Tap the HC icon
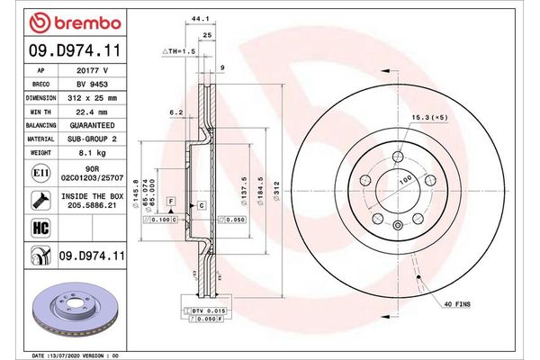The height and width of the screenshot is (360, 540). point(40,228)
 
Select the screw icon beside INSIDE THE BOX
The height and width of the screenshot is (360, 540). point(40,199)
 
